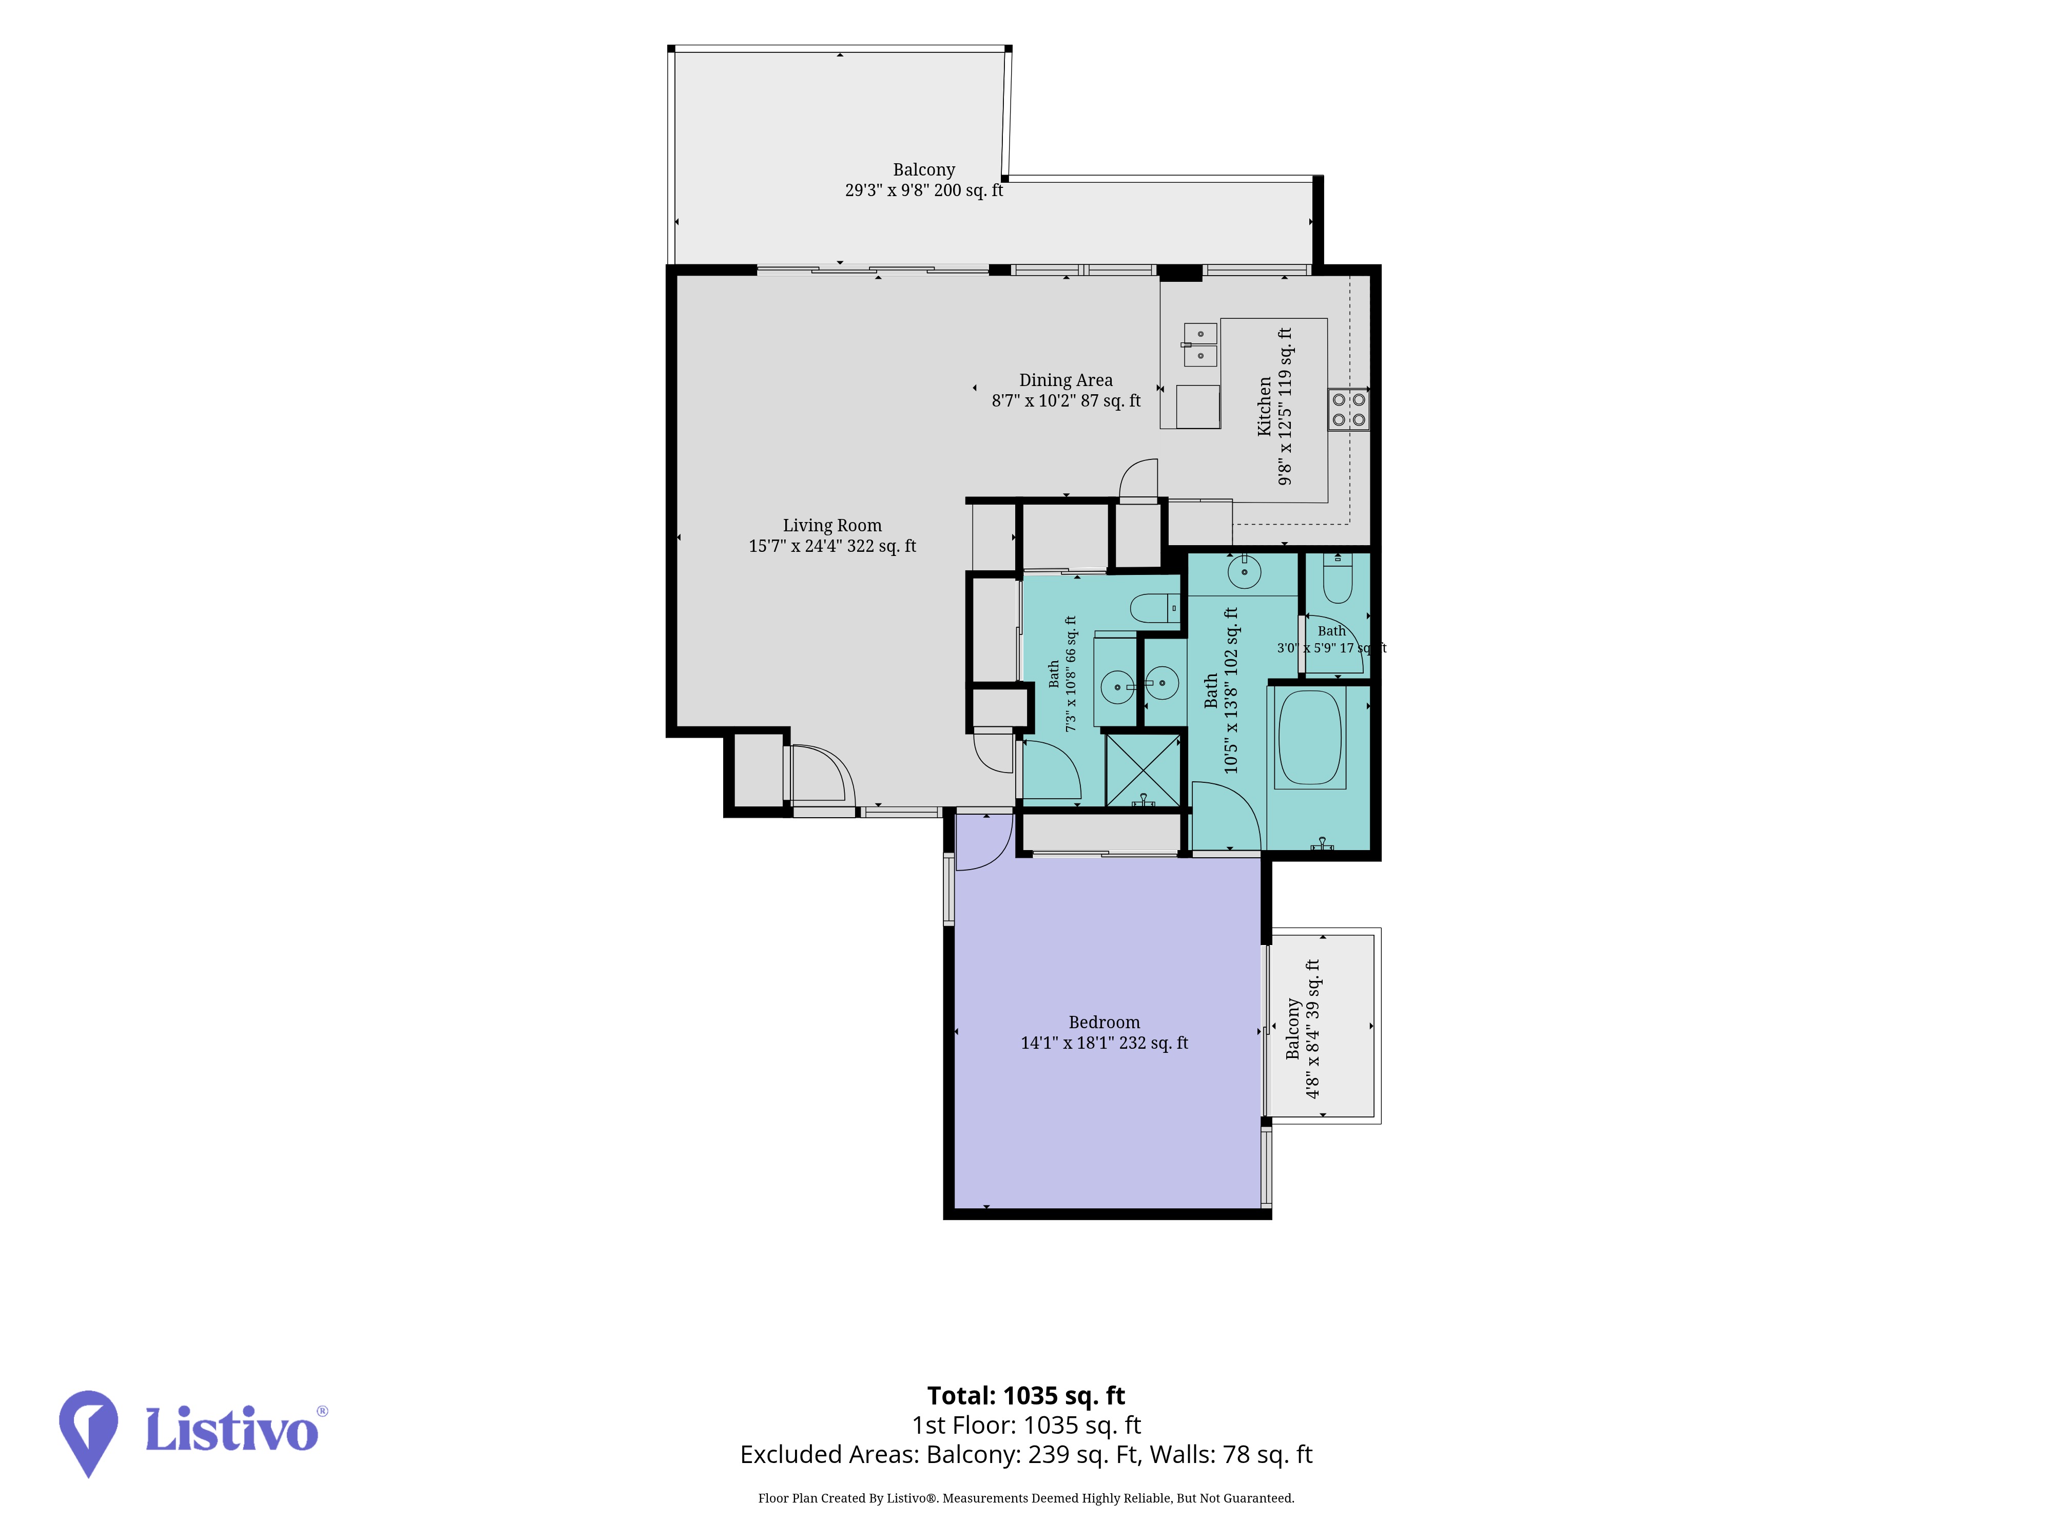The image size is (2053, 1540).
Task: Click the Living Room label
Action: pyautogui.click(x=832, y=535)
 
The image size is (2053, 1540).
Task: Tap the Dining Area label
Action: pyautogui.click(x=1066, y=390)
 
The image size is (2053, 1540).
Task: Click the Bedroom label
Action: pyautogui.click(x=1105, y=1032)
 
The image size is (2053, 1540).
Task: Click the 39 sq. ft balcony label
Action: pyautogui.click(x=1302, y=1029)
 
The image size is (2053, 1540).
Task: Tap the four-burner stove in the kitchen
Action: pyautogui.click(x=1348, y=409)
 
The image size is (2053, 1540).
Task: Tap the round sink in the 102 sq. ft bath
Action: pyautogui.click(x=1244, y=571)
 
